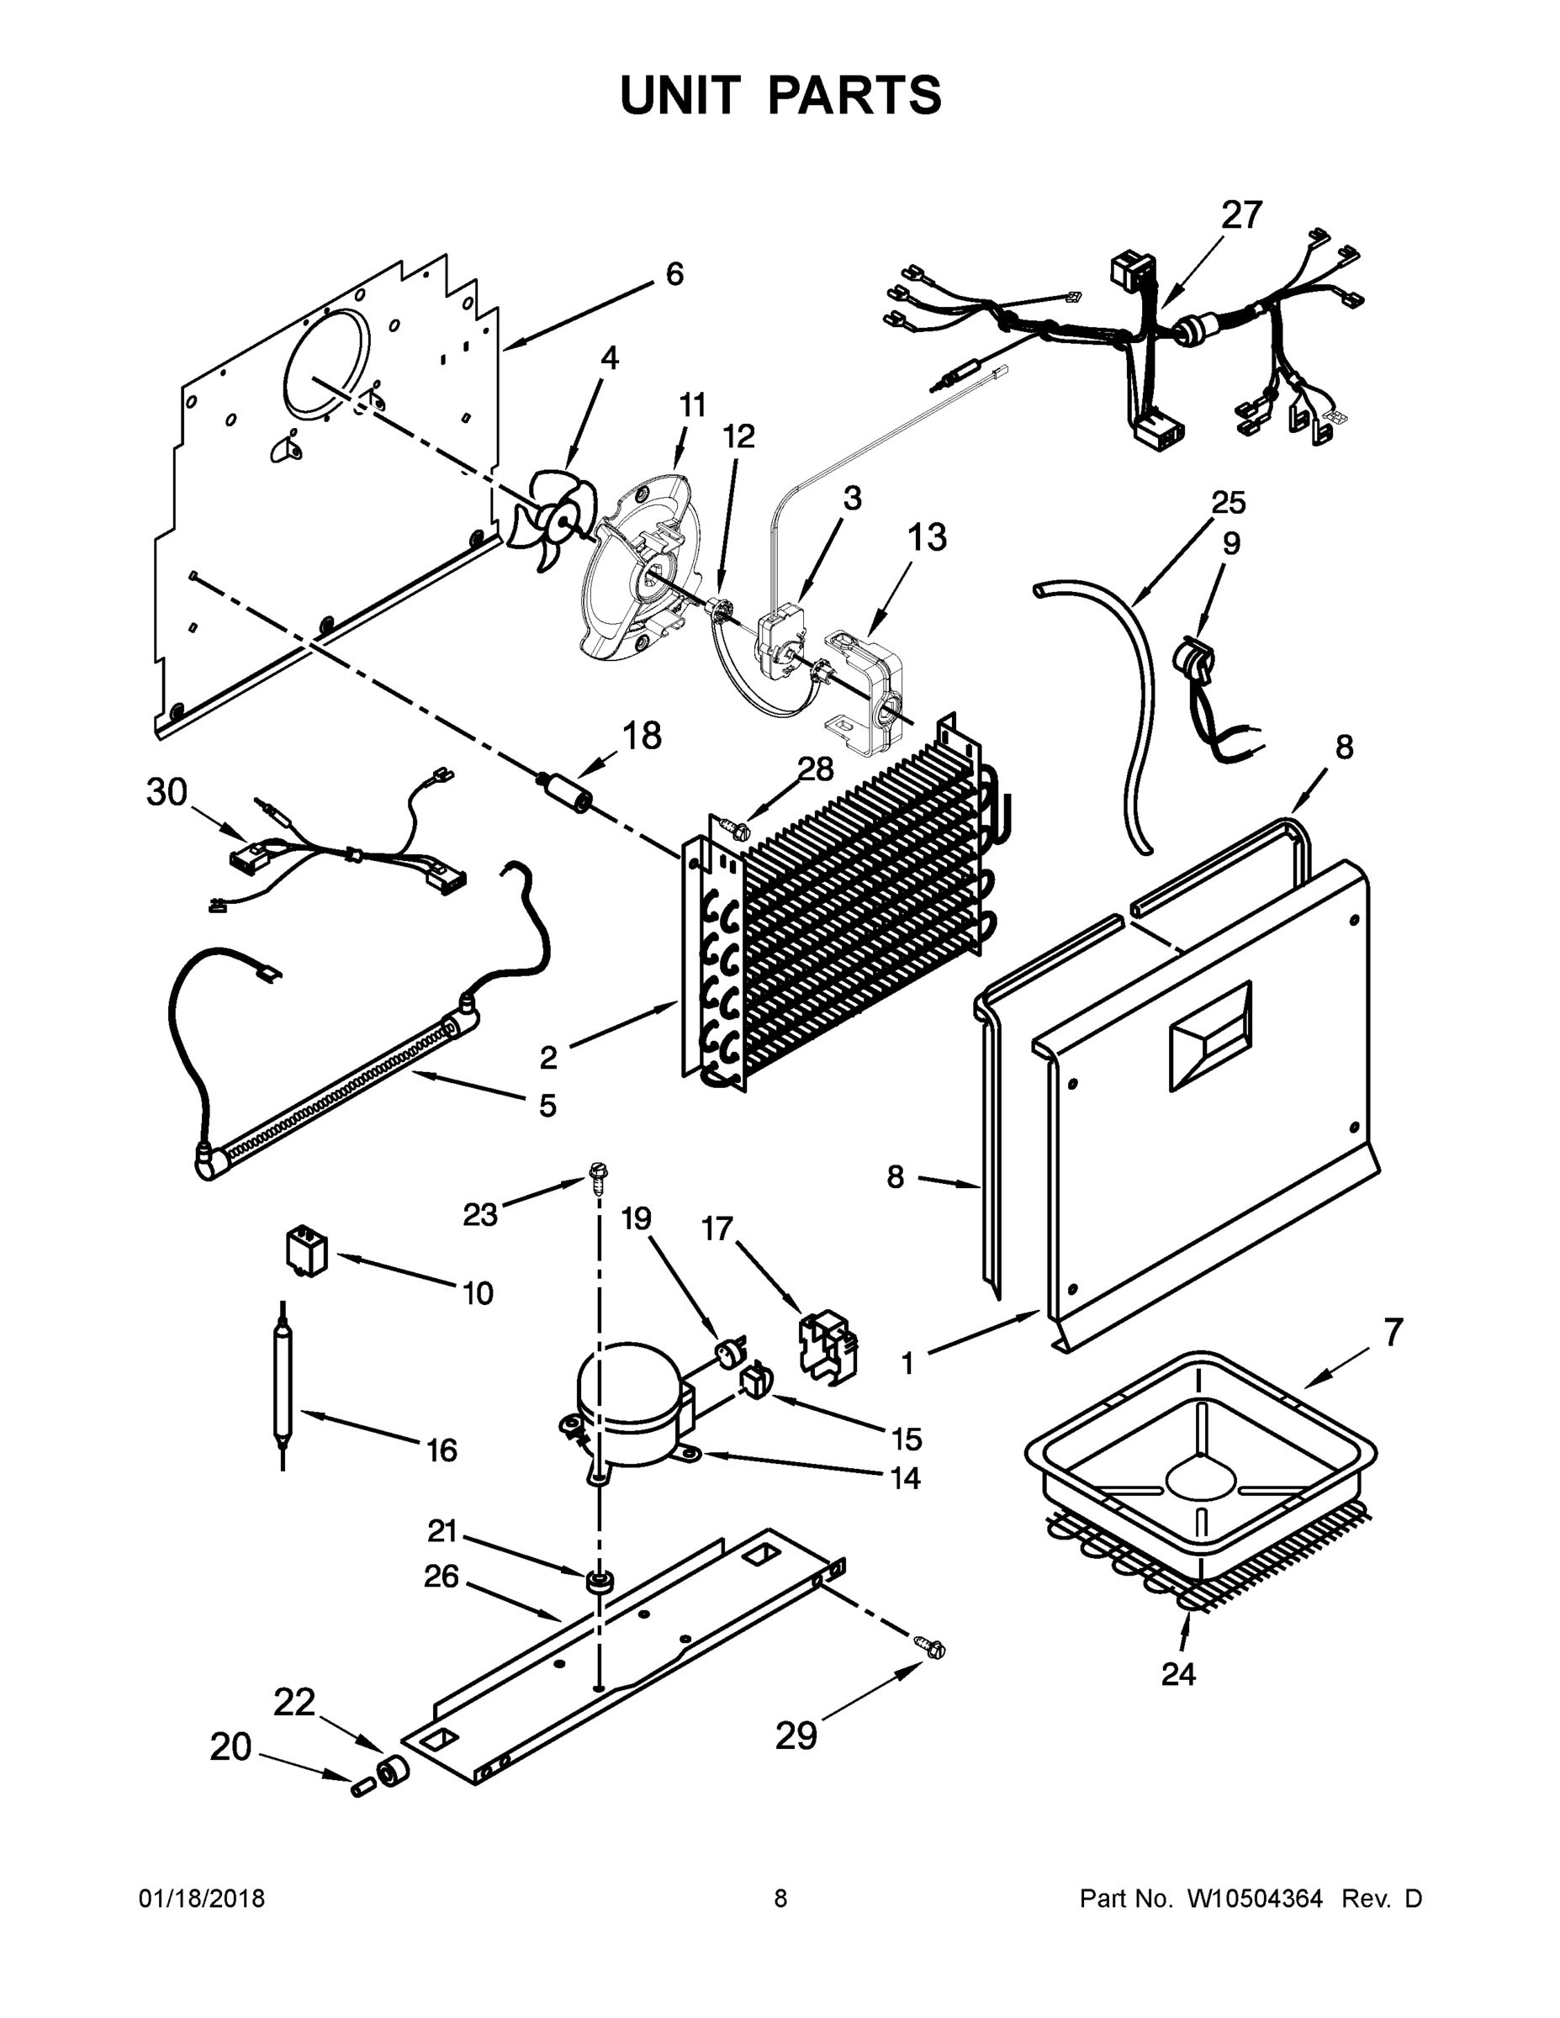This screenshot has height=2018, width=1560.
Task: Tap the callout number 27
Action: coord(1240,214)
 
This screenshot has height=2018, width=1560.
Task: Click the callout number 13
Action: coord(927,536)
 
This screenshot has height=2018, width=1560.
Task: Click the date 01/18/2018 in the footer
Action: coord(202,1898)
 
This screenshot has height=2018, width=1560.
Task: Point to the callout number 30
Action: coord(167,792)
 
